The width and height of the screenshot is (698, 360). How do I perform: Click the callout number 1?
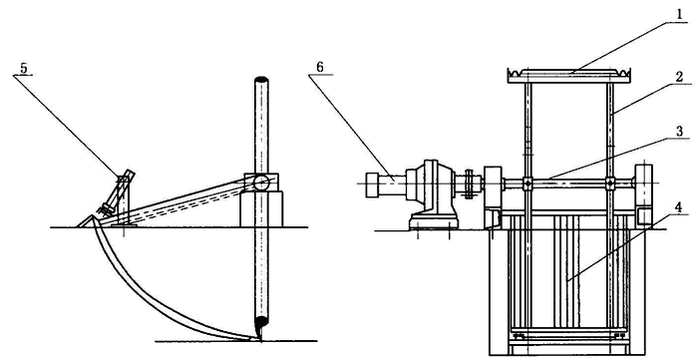(679, 14)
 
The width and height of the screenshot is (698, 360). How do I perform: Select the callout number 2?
(678, 76)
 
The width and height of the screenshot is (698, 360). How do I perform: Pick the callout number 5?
(24, 69)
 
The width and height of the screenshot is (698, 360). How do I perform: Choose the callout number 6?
(320, 67)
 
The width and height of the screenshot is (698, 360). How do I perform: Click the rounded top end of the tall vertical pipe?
(261, 80)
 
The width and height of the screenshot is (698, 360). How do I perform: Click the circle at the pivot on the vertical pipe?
(261, 182)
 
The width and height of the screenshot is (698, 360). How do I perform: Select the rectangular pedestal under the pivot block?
(261, 209)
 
